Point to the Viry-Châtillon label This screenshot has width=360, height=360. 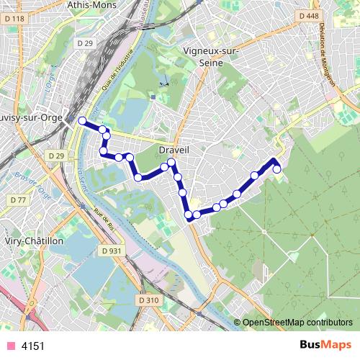[x=35, y=241]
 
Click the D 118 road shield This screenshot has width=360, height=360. [x=14, y=19]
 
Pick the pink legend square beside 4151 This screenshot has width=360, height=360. [x=10, y=346]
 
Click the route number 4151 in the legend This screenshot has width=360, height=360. [x=33, y=346]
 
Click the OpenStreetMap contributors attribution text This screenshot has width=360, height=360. [x=297, y=322]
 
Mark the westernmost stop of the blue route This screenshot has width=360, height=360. [x=82, y=120]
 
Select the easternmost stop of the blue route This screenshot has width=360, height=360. [x=277, y=169]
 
